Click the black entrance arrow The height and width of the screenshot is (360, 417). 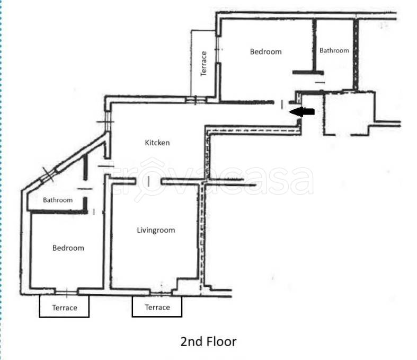tap(302, 111)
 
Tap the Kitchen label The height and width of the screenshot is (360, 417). tap(157, 143)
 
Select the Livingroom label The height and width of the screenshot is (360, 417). tap(156, 230)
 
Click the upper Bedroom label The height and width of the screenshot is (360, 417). tap(265, 51)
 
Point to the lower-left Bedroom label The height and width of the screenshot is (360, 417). tap(68, 248)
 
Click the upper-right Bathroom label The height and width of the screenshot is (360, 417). tap(334, 50)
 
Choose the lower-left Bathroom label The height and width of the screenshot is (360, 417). tap(58, 200)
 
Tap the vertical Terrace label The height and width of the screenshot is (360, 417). tap(203, 64)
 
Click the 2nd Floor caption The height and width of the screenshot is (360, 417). tap(208, 341)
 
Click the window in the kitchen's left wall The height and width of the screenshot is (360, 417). tap(108, 121)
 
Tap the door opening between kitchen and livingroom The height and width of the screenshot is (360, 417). tap(148, 181)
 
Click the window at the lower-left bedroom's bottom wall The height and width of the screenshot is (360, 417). tap(66, 293)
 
